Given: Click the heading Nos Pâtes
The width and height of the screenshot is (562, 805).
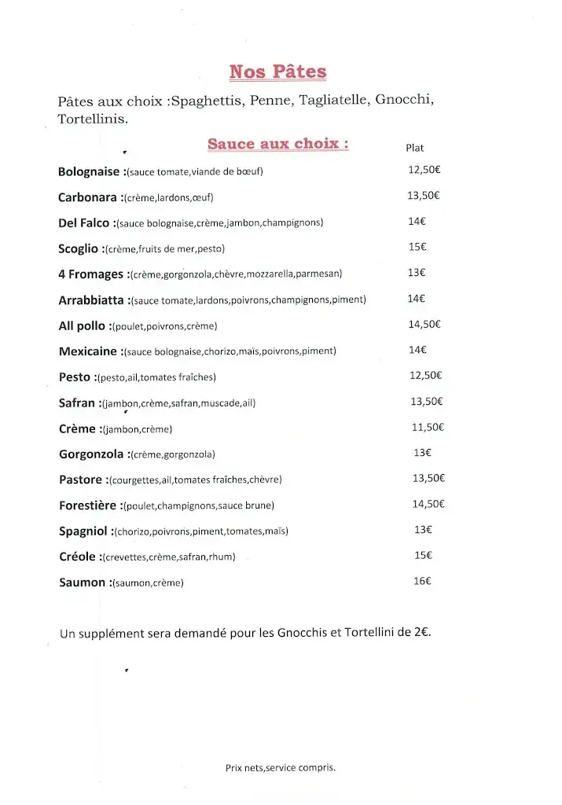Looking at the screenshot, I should point(277,72).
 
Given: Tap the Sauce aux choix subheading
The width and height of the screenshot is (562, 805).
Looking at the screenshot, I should point(278,144).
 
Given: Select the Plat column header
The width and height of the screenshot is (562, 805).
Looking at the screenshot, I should point(415,148).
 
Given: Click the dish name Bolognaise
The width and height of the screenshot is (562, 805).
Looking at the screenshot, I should point(89,171).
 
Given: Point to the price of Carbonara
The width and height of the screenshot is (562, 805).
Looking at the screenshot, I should point(423,197).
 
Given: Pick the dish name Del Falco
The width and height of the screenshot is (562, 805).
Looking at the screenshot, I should point(84,222).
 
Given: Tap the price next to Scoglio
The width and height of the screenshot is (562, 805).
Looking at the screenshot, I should point(417,247).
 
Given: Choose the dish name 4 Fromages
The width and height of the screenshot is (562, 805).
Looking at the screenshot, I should point(91,274).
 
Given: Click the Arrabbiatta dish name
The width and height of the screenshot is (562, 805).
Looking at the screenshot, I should point(91,300).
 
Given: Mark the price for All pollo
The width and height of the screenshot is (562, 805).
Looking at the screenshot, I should point(424,324).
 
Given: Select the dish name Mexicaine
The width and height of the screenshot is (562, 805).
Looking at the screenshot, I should point(88,351).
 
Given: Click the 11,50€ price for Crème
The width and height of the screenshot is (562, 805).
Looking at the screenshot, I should point(428,428).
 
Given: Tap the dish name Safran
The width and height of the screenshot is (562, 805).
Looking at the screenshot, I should point(77,402).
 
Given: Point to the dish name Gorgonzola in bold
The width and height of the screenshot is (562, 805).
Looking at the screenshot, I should point(91,454).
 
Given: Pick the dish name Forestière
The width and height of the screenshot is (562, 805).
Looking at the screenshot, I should point(87,505).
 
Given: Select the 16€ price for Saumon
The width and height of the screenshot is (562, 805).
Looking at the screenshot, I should point(422,582).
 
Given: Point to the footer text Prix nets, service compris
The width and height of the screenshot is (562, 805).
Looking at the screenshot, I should point(280,768).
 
